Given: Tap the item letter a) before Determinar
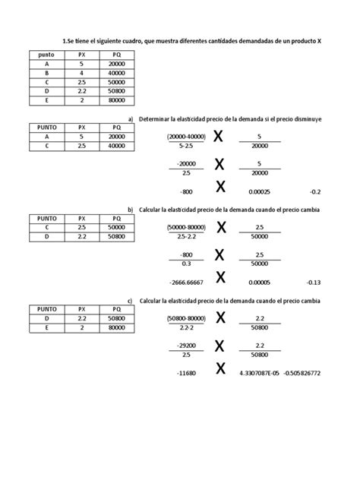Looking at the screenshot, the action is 131,119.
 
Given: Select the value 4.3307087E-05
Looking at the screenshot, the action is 258,374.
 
